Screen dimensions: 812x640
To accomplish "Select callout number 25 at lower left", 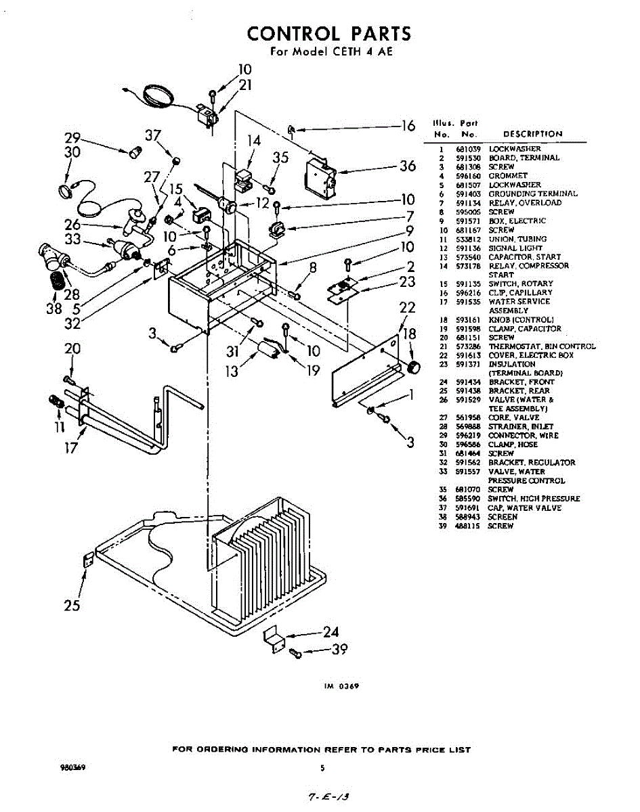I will point(72,606).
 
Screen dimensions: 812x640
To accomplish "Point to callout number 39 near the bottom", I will point(340,650).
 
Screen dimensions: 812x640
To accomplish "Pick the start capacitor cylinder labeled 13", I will point(266,349).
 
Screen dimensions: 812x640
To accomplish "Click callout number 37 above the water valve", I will point(153,135).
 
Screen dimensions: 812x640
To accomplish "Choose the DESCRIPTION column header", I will point(532,134).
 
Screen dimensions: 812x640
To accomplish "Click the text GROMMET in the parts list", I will point(508,175).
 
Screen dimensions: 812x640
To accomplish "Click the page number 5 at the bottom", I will point(322,768).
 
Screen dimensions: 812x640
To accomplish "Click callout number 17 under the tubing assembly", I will point(72,447).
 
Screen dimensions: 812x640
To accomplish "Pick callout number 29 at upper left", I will point(72,138).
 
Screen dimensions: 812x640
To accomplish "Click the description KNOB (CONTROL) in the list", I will point(521,319).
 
